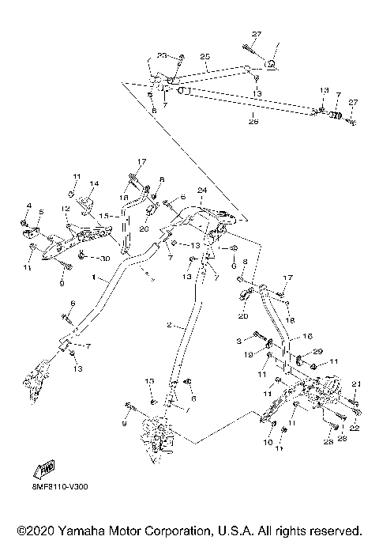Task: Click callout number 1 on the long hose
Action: [93, 278]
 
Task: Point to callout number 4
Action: [29, 208]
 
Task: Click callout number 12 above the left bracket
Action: [66, 209]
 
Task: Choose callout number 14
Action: [93, 184]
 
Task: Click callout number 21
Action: [356, 383]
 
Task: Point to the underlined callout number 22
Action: [356, 428]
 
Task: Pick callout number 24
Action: [202, 191]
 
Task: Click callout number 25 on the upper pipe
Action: [205, 57]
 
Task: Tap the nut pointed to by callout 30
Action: [83, 257]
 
